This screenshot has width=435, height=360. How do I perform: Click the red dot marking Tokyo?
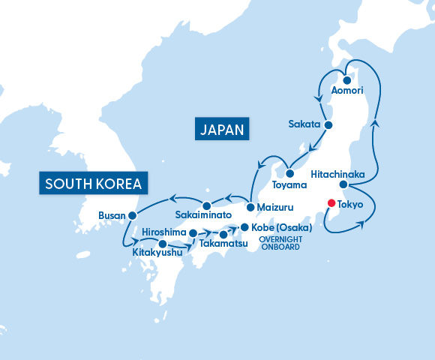coord(332,202)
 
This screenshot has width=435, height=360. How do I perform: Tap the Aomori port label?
coord(346,90)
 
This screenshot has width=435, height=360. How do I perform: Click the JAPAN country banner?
coord(222,129)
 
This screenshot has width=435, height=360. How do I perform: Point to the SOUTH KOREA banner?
coord(94,184)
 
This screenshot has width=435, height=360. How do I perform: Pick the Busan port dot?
coord(132,215)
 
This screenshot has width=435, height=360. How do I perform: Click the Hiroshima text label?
coord(163,232)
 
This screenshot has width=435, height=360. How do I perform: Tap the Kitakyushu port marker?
coord(163,244)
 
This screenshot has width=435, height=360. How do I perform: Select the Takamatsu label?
coord(223,244)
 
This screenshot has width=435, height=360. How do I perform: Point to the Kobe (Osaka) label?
coord(282,227)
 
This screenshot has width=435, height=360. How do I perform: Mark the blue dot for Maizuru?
coord(250,206)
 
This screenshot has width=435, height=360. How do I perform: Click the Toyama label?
coord(289,184)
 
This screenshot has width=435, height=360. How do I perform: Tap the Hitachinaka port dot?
coord(343,184)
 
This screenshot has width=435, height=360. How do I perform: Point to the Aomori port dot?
coord(348,79)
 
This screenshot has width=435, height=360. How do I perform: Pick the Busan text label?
coord(112,216)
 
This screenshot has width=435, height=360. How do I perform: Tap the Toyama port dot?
coord(289,174)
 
